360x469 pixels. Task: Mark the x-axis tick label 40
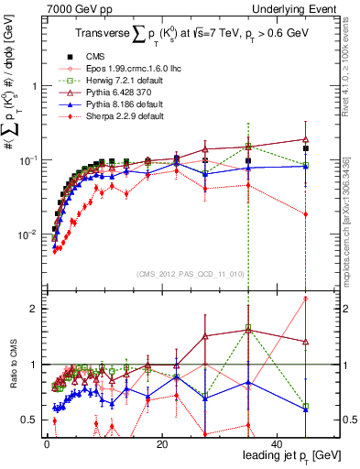[278, 443]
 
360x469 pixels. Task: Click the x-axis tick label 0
[47, 443]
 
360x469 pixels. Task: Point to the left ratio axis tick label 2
[33, 309]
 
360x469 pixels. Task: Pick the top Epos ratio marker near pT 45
[305, 299]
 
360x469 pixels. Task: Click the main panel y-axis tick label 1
[33, 85]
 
